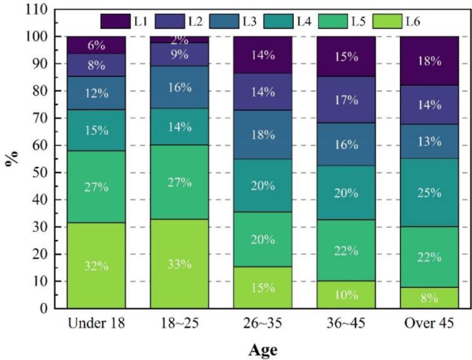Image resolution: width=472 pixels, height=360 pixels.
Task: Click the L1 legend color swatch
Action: [115, 21]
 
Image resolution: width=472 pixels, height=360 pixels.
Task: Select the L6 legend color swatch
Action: [387, 21]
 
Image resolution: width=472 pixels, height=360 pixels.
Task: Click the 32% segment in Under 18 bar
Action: [96, 265]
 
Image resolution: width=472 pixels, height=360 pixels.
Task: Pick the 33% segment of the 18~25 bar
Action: [179, 264]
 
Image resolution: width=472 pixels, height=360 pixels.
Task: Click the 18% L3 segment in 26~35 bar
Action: [263, 134]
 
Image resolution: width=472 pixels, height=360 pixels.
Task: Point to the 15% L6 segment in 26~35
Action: [263, 287]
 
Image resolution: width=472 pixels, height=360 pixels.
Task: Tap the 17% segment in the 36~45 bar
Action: [346, 99]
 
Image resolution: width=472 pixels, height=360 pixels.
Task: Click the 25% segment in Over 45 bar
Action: [429, 193]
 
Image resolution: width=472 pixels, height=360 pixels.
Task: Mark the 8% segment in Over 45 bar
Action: [429, 298]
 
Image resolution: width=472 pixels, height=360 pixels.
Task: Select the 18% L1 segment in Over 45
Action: [429, 61]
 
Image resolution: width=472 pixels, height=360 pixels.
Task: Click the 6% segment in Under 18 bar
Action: [96, 45]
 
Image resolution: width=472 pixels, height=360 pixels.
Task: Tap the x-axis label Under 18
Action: [96, 323]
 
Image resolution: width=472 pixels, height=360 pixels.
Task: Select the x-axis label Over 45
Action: [430, 323]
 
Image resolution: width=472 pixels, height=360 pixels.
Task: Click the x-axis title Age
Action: [263, 350]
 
